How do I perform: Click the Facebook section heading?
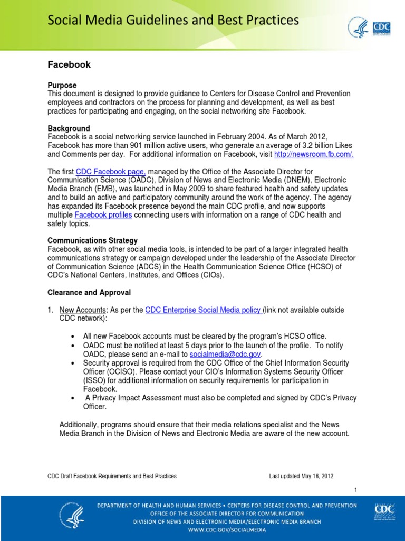click(x=69, y=64)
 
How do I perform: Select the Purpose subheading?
click(x=62, y=85)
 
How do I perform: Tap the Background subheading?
click(x=69, y=128)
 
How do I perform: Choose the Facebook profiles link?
click(x=103, y=215)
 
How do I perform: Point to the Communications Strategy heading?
click(x=93, y=240)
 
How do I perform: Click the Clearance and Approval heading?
click(x=89, y=292)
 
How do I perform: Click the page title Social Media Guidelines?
click(x=173, y=21)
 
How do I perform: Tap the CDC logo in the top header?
click(x=381, y=27)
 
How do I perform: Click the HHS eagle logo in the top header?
click(x=358, y=27)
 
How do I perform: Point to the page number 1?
click(x=356, y=490)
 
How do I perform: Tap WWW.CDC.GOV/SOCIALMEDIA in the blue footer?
click(x=227, y=528)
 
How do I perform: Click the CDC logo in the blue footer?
click(x=384, y=512)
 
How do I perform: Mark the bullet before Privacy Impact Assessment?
click(x=72, y=398)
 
